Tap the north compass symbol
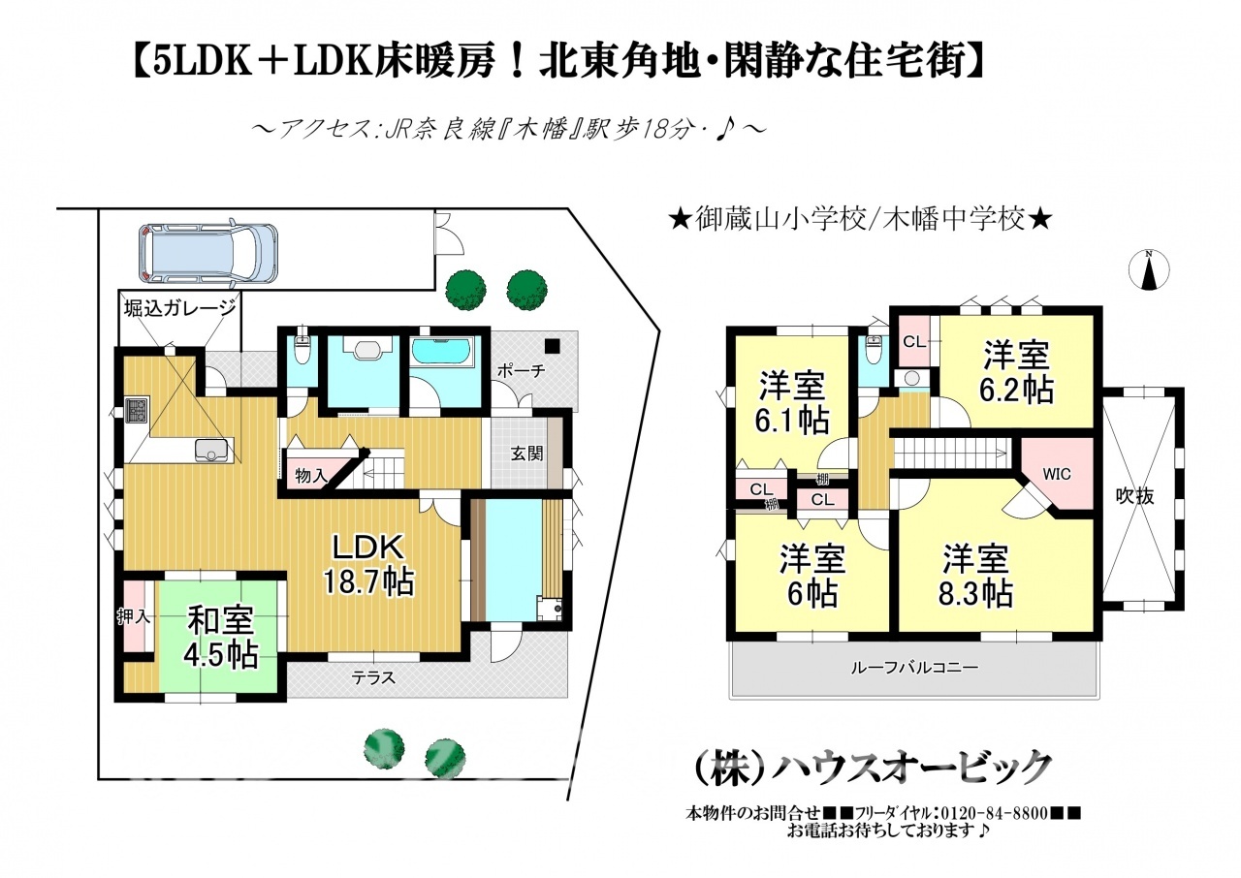(1149, 270)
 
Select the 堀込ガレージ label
(180, 309)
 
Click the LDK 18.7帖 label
(367, 566)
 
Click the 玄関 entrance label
(526, 454)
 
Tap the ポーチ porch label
(522, 370)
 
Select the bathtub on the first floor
(442, 351)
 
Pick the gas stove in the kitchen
(137, 410)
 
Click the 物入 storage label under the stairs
(312, 475)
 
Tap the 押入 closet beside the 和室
(134, 616)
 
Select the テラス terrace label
(374, 677)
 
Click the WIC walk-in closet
(1057, 475)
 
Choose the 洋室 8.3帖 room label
(975, 576)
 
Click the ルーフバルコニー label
(914, 668)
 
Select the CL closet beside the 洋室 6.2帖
(914, 341)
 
